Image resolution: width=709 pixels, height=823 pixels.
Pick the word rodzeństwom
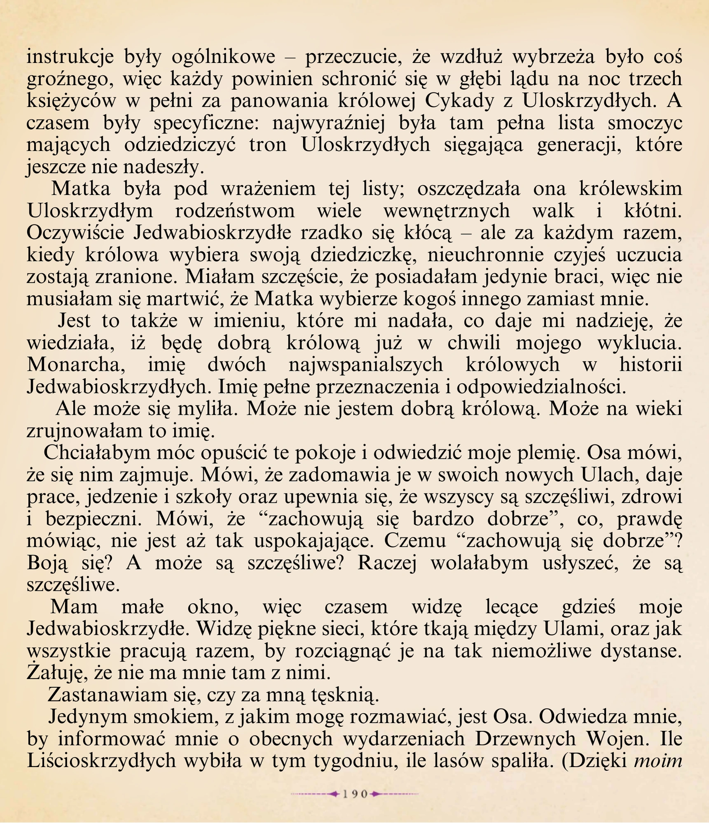[235, 211]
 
